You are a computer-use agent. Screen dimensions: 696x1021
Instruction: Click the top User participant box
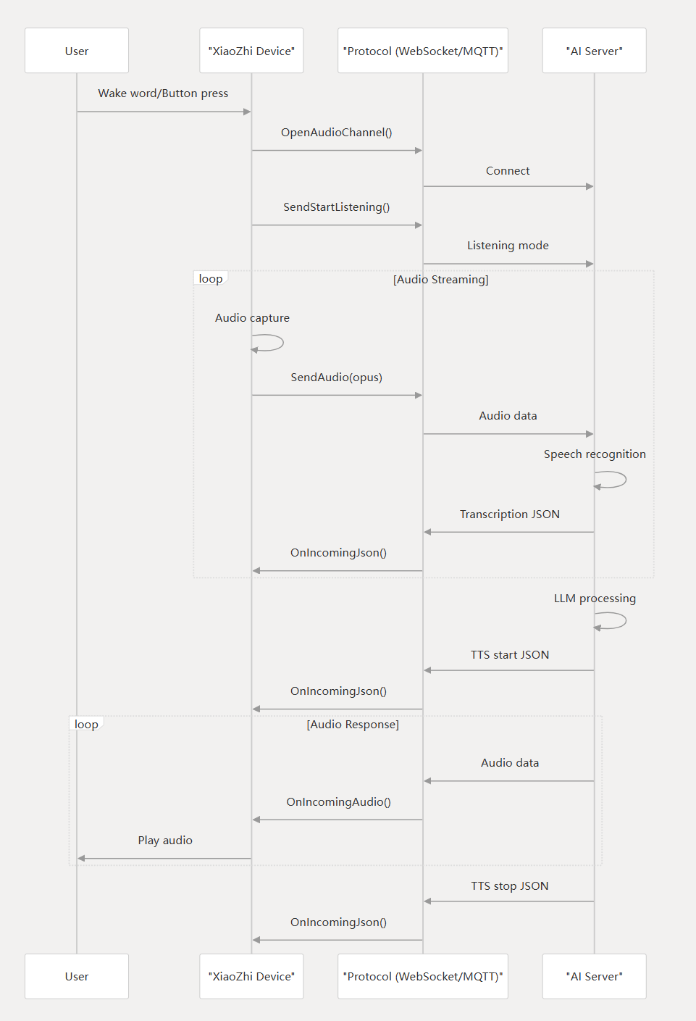click(x=77, y=51)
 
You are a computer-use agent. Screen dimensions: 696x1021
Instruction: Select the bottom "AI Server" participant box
click(x=594, y=976)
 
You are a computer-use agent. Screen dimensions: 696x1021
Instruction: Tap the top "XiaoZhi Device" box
click(x=251, y=51)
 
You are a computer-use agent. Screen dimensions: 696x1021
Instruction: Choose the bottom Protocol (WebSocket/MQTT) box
click(x=423, y=976)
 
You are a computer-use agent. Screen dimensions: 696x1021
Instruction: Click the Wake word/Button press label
click(x=163, y=93)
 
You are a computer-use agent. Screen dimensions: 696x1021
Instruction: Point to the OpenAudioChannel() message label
click(x=337, y=133)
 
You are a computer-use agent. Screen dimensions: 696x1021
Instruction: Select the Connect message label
click(x=508, y=171)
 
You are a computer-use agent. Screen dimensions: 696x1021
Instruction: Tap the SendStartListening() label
click(x=337, y=207)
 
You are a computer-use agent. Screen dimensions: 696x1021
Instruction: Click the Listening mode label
click(x=508, y=246)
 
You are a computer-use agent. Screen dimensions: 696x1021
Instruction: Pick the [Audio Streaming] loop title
click(x=441, y=280)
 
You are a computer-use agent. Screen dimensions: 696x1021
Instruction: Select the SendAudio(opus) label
click(x=337, y=378)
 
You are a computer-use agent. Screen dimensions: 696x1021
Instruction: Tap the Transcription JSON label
click(x=510, y=514)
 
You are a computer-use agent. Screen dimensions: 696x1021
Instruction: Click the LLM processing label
click(x=595, y=599)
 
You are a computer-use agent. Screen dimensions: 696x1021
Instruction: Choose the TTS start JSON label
click(x=510, y=655)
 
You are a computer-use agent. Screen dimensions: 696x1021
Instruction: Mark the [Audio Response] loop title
click(x=353, y=725)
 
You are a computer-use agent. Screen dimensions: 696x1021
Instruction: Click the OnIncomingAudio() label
click(x=338, y=802)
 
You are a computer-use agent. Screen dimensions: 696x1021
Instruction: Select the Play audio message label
click(x=165, y=841)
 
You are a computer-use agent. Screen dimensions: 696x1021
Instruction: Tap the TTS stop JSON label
click(x=510, y=886)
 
